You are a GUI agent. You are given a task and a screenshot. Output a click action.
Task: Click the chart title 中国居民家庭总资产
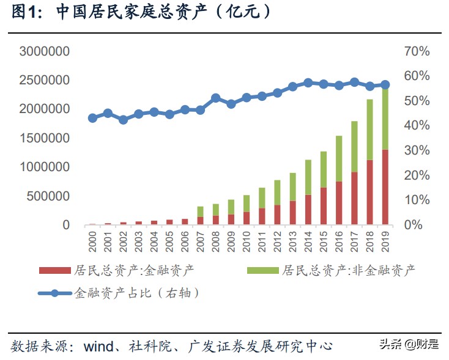coord(141,12)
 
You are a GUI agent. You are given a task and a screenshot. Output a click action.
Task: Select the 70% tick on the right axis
coord(417,51)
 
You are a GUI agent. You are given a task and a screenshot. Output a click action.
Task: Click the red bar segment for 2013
coord(292,212)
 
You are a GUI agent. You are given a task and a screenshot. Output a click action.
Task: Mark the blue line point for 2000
coord(92,118)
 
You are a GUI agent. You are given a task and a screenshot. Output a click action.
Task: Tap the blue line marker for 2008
coord(215,98)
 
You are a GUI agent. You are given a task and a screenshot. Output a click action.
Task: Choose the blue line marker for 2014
coord(308,83)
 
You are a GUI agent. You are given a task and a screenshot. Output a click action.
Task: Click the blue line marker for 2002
coord(123,120)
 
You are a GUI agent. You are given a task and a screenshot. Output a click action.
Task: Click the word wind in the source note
coord(98,346)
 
